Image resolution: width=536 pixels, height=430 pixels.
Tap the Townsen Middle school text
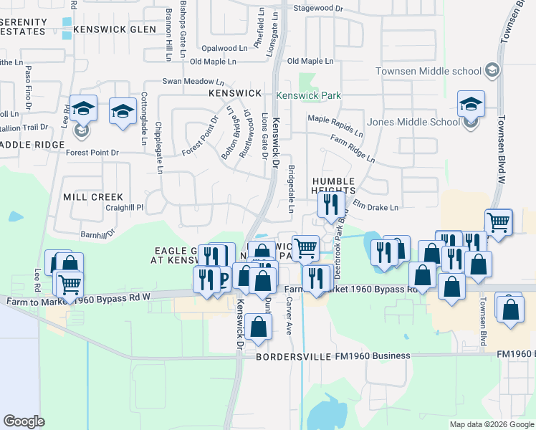point(429,71)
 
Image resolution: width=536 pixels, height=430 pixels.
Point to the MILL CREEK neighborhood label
point(93,196)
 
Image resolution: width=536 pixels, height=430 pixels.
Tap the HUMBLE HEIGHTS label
point(333,186)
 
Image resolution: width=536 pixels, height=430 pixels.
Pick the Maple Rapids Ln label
point(335,124)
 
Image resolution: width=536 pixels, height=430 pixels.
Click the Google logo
point(24,421)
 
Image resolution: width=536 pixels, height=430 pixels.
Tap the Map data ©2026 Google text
point(492,424)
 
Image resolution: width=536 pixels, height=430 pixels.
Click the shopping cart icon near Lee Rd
point(69,284)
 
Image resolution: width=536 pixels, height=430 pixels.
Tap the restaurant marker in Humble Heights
point(331,206)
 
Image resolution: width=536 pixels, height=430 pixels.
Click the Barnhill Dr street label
point(97,234)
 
